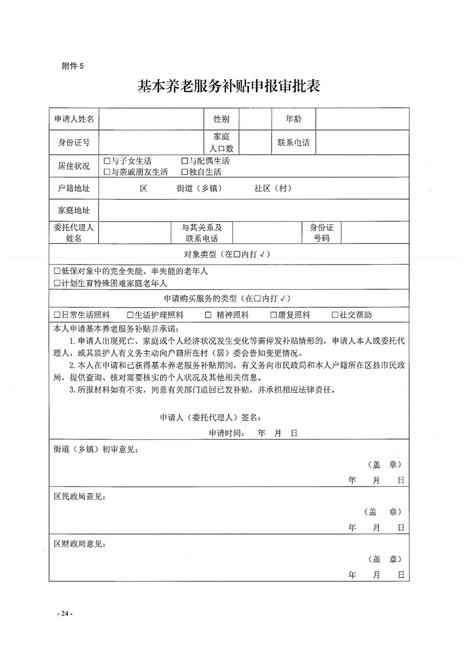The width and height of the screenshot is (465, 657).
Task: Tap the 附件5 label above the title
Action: click(73, 66)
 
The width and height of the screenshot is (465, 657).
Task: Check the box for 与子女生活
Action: click(106, 161)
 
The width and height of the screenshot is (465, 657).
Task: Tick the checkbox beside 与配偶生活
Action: click(184, 161)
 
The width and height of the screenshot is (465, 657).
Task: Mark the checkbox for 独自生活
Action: click(184, 172)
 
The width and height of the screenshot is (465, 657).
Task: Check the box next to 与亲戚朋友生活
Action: click(106, 172)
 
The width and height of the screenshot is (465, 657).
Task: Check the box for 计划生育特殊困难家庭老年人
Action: click(57, 283)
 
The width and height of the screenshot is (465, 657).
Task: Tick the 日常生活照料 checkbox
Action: click(57, 314)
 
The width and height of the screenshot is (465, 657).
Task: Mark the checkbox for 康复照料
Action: click(273, 314)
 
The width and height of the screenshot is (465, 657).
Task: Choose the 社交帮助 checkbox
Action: click(335, 314)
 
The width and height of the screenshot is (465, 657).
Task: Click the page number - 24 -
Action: click(64, 613)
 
